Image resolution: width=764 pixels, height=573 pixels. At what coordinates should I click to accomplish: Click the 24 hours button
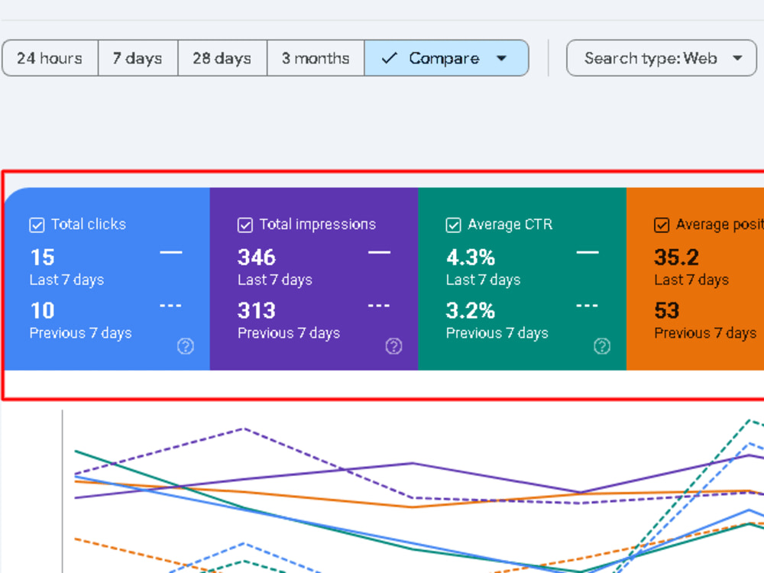tap(50, 58)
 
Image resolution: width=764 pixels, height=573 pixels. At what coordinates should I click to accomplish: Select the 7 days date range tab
tap(138, 58)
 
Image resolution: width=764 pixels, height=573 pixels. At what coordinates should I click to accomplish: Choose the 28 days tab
tap(222, 58)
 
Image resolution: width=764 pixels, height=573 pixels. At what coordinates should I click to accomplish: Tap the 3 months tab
tap(316, 58)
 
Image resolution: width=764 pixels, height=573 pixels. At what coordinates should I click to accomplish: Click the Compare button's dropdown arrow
tap(501, 59)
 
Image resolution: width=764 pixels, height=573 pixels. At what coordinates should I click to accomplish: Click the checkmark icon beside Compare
tap(390, 58)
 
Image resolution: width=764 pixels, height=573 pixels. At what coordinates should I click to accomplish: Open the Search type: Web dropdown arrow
tap(738, 58)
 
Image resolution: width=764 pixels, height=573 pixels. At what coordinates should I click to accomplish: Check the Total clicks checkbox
tap(37, 225)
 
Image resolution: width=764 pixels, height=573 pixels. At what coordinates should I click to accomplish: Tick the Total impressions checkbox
tap(245, 225)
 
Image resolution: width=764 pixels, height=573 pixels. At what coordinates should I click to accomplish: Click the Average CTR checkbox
tap(453, 225)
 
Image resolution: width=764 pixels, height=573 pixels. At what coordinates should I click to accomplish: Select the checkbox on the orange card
tap(662, 225)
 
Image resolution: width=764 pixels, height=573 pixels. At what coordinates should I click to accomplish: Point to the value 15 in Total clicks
tap(42, 257)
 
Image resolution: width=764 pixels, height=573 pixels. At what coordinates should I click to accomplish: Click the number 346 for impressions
tap(257, 257)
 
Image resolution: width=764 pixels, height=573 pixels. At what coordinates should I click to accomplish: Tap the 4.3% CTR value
tap(471, 257)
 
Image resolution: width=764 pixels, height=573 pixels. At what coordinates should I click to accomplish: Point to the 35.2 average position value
tap(677, 257)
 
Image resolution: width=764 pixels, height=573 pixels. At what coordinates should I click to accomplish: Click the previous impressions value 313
tap(257, 310)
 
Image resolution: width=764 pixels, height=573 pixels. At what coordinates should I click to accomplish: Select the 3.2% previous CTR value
tap(471, 310)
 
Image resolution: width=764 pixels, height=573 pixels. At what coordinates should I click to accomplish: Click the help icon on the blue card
tap(186, 346)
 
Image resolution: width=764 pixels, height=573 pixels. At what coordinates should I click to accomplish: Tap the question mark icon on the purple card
tap(393, 346)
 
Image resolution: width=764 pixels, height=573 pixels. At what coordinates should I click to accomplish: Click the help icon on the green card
tap(602, 346)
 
